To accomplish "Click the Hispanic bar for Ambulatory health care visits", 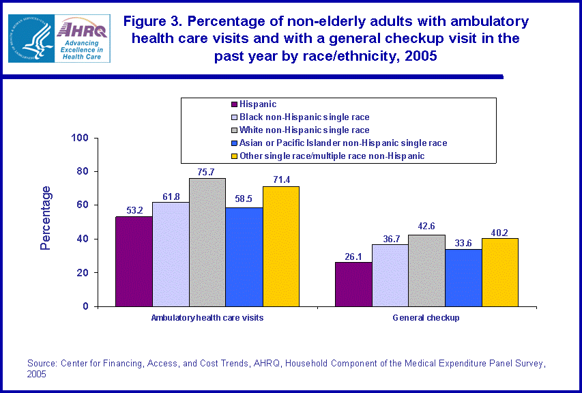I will (134, 261).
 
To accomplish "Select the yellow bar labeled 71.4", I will (280, 246).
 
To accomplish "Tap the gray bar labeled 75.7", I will (207, 242).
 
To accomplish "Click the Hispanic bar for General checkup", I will (353, 284).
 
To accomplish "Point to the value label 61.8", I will (170, 196).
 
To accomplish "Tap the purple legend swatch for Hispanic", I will (234, 104).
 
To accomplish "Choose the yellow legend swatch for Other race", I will (234, 156).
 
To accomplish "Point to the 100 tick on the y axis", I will (81, 138).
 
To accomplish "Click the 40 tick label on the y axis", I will (83, 239).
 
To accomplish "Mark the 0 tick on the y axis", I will (86, 306).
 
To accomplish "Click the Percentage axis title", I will (46, 218).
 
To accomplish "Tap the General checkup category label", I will (426, 318).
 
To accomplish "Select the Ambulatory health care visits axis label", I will (207, 318).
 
